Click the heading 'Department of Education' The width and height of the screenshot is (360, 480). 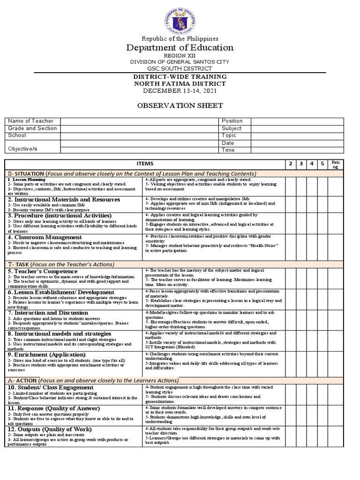tap(180, 47)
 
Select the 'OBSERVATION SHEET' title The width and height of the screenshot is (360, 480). tap(180, 105)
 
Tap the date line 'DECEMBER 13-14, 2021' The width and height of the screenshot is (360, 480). tap(180, 90)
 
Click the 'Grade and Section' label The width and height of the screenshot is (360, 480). tap(32, 128)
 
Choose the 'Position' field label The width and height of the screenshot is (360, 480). tap(232, 121)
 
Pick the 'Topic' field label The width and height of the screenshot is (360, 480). tap(229, 135)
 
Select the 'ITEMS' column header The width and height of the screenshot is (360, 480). tap(145, 163)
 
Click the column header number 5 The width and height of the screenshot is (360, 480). tap(322, 163)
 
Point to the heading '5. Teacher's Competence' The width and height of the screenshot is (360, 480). tap(42, 271)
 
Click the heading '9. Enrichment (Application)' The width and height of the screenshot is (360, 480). tap(46, 354)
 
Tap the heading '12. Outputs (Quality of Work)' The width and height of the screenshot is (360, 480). tap(49, 429)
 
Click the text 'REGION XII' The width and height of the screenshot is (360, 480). tap(180, 56)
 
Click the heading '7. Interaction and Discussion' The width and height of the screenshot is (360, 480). tap(47, 313)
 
